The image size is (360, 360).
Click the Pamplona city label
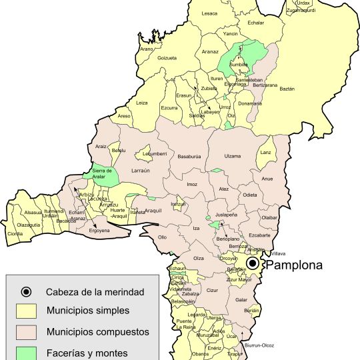(294, 265)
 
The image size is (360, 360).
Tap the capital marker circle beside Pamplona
(253, 264)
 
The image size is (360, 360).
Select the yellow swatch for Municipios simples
(26, 311)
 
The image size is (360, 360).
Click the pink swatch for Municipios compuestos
(26, 331)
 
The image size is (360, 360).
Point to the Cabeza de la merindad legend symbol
(26, 291)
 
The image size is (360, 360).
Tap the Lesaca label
(209, 13)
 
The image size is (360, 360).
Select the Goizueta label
(167, 58)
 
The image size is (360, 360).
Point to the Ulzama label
(233, 156)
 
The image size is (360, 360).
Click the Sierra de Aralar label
(101, 173)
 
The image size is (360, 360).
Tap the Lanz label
(266, 153)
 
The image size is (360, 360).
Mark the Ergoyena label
(99, 231)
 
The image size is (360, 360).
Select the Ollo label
(162, 237)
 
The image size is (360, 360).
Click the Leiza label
(141, 103)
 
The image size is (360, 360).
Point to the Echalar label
(256, 23)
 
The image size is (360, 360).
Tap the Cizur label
(213, 291)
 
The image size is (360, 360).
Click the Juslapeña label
(226, 215)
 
